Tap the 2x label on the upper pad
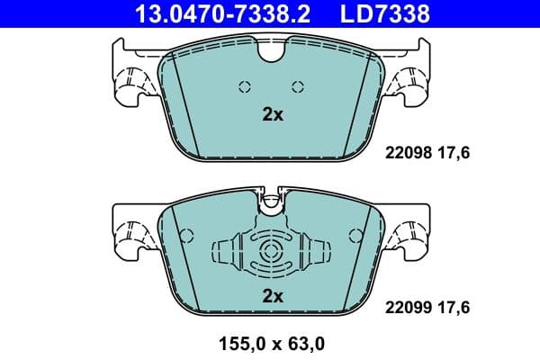pyautogui.click(x=272, y=114)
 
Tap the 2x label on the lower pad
pyautogui.click(x=272, y=295)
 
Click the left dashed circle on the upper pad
pyautogui.click(x=243, y=86)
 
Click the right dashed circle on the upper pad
pyautogui.click(x=299, y=86)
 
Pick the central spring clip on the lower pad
pyautogui.click(x=270, y=253)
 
